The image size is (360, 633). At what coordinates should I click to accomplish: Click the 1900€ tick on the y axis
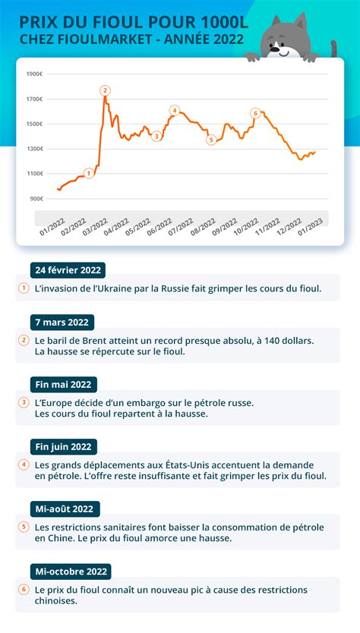[35, 74]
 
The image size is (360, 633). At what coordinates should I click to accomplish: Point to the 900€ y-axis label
[36, 199]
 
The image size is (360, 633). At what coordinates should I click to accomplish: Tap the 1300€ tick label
[35, 149]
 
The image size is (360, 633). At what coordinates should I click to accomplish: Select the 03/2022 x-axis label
[94, 227]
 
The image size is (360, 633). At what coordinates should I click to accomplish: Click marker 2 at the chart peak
[105, 90]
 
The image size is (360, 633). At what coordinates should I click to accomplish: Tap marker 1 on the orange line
[89, 173]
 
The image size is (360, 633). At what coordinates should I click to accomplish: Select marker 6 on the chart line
[255, 113]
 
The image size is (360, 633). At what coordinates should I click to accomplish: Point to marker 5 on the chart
[211, 139]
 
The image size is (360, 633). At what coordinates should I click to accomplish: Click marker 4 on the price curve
[174, 111]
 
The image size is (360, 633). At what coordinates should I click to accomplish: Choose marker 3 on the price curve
[156, 136]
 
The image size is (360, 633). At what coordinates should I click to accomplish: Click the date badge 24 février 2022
[67, 269]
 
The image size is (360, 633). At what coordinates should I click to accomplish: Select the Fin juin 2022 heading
[65, 446]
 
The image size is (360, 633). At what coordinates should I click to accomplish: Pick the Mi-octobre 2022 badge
[71, 571]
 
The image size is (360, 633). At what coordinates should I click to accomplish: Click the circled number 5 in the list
[24, 526]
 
